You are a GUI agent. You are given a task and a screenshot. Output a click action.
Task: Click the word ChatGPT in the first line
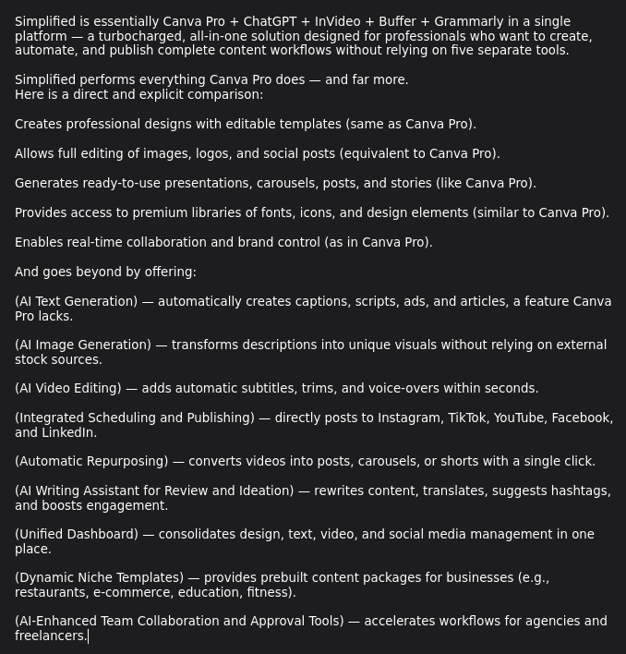[269, 21]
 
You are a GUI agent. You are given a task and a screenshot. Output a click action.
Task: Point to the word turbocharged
[138, 36]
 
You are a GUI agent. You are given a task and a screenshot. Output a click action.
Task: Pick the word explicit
[163, 94]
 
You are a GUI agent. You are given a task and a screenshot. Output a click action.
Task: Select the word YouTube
[518, 418]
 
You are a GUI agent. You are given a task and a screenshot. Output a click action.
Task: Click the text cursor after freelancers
[88, 636]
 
